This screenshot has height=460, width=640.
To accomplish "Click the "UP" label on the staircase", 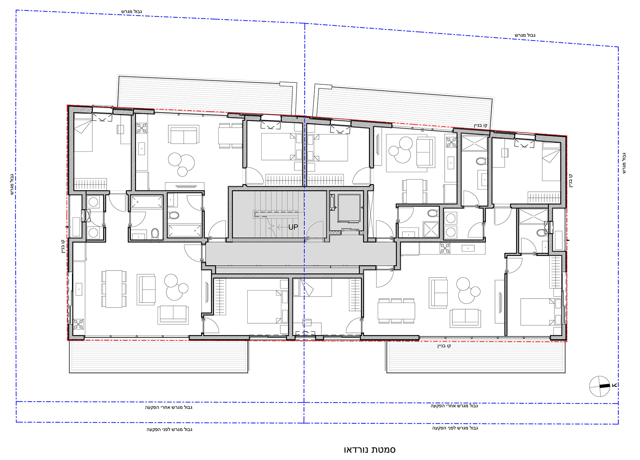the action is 293,227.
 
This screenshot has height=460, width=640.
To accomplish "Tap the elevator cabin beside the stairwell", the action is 349,208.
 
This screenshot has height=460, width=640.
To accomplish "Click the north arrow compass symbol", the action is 600,386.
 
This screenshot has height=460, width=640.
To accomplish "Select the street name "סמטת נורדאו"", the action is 369,450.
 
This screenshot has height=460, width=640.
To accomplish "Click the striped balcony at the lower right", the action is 476,356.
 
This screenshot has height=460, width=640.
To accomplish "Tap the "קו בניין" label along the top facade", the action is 480,125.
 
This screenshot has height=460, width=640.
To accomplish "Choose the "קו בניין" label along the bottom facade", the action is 444,346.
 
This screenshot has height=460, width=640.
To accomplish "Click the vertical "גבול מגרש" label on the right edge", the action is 624,163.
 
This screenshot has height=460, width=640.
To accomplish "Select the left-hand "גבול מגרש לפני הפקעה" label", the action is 169,429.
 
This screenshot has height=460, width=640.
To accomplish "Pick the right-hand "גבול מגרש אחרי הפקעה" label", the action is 454,406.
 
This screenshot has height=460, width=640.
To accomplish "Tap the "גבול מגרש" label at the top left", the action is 131,12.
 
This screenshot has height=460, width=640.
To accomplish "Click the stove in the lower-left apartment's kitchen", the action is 78,324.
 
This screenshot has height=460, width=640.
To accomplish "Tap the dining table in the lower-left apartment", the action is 114,289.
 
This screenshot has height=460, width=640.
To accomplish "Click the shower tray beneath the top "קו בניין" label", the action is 474,143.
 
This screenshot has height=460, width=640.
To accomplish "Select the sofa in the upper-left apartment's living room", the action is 184,134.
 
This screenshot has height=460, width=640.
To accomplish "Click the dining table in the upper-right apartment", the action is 415,191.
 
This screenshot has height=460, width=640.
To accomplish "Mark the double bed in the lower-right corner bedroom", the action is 537,312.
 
